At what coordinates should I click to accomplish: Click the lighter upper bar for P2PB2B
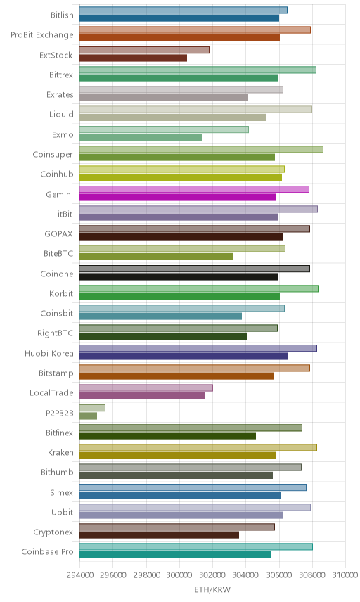tap(93, 408)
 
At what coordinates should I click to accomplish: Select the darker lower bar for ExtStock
tap(133, 58)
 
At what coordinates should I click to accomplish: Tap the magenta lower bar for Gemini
tap(178, 198)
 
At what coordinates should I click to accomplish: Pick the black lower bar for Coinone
tap(179, 277)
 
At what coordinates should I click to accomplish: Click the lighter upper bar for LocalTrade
tap(146, 388)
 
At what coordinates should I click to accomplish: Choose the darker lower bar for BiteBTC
tap(156, 257)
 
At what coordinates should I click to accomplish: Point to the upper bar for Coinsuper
tap(202, 149)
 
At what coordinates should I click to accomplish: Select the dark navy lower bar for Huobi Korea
tap(184, 357)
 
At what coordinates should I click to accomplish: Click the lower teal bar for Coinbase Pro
tap(175, 555)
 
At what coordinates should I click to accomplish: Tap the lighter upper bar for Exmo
tap(165, 129)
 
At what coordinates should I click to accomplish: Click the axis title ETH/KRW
tap(212, 590)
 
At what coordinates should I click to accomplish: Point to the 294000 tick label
tap(80, 575)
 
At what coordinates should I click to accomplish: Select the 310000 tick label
tap(345, 575)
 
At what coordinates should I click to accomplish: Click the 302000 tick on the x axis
tap(212, 575)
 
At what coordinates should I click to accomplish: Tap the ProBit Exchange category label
tap(41, 35)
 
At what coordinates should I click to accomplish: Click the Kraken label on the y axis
tap(60, 453)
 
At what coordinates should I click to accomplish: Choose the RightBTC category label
tap(56, 333)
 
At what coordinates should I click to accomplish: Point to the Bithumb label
tap(57, 472)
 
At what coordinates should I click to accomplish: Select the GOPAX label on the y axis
tap(59, 233)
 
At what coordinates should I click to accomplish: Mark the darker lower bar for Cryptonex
tap(160, 534)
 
